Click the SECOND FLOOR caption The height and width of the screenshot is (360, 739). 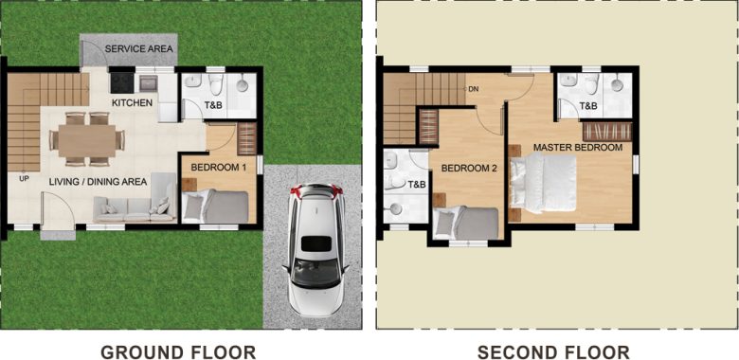pyautogui.click(x=553, y=352)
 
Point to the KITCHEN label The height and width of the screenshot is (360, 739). pyautogui.click(x=133, y=102)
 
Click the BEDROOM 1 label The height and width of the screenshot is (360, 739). pyautogui.click(x=219, y=168)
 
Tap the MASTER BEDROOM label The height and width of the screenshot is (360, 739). pyautogui.click(x=578, y=148)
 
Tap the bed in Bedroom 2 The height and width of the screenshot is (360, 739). pyautogui.click(x=468, y=224)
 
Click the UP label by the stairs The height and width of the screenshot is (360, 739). pyautogui.click(x=22, y=177)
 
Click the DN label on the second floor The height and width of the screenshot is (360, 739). pyautogui.click(x=473, y=89)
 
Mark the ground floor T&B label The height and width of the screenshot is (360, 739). pyautogui.click(x=214, y=104)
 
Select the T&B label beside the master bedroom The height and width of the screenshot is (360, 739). pyautogui.click(x=588, y=106)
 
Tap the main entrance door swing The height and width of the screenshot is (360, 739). pyautogui.click(x=55, y=210)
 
